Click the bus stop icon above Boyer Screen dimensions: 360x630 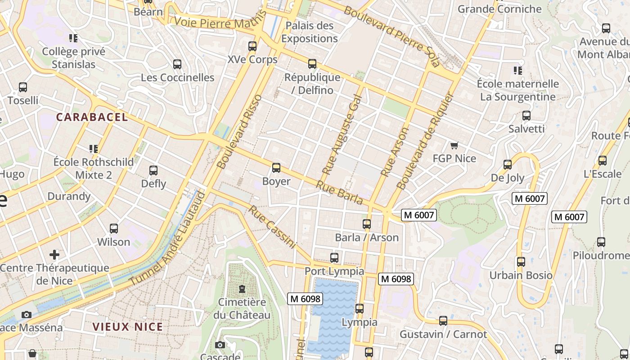coord(276,168)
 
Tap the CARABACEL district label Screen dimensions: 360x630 coord(92,117)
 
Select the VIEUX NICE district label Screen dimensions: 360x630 coord(128,327)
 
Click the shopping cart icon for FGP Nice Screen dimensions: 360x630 coord(454,145)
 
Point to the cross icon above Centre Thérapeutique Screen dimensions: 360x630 coord(54,255)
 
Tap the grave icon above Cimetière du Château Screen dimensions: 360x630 coord(242,288)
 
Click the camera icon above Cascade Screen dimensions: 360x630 coord(220,345)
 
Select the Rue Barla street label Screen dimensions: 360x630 coord(339,192)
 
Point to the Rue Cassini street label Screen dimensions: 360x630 coord(273,227)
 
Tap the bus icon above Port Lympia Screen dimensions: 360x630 coord(334,258)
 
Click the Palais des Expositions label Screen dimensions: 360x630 coord(310,32)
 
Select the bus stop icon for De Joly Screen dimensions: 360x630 coord(508,165)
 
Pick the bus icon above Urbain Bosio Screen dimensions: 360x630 coord(521,261)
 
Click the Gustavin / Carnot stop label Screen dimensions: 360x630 coord(443,334)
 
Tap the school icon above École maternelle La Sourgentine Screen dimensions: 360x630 coord(518,71)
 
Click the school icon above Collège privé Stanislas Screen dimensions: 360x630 coord(73,38)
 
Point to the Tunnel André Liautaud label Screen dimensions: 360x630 coord(167,238)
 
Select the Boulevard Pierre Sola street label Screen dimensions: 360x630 coord(391,36)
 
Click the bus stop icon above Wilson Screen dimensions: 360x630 coord(114,229)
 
